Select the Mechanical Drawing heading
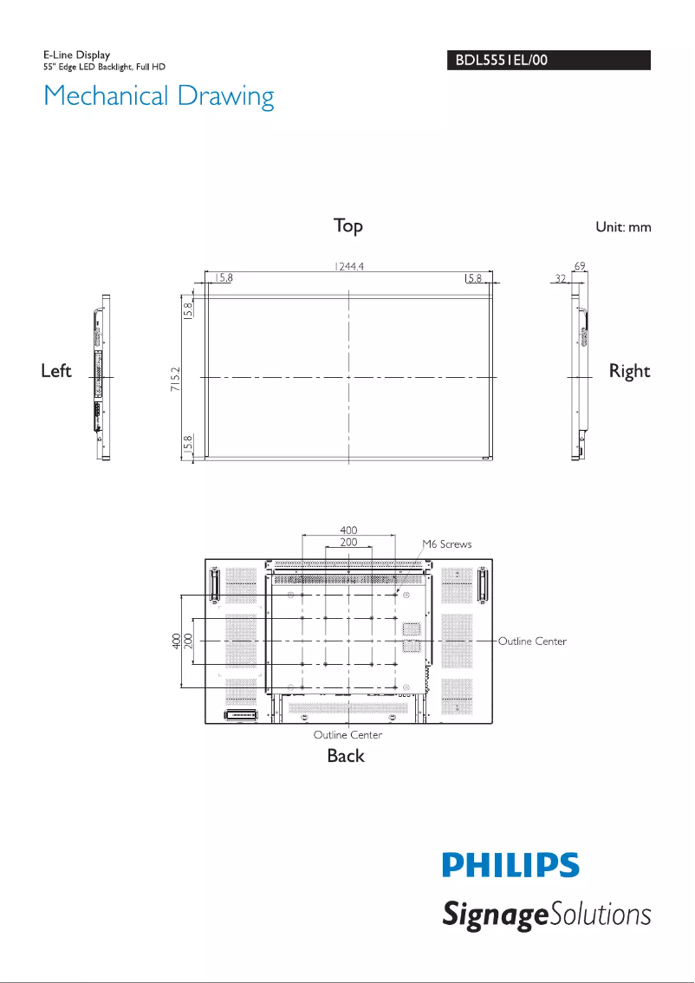point(159,95)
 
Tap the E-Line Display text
point(77,55)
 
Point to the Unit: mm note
point(622,227)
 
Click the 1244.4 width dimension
point(348,267)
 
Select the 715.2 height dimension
point(175,379)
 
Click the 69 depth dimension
point(579,266)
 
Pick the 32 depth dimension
point(561,279)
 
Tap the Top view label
point(348,226)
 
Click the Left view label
point(56,371)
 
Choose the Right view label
point(629,371)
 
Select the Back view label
point(346,756)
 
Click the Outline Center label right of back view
point(532,641)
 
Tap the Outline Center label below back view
point(347,735)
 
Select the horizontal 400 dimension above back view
point(347,529)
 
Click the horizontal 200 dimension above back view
point(347,542)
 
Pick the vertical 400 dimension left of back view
point(176,641)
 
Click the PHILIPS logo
point(511,866)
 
